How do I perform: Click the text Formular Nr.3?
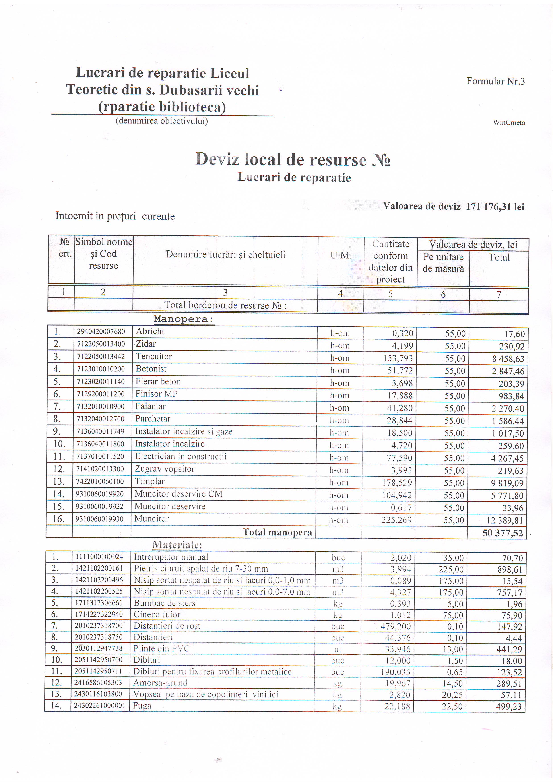pyautogui.click(x=495, y=81)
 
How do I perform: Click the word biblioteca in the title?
pyautogui.click(x=192, y=107)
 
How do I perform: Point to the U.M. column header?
pyautogui.click(x=340, y=256)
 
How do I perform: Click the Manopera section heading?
pyautogui.click(x=183, y=319)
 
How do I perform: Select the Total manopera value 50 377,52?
pyautogui.click(x=502, y=533)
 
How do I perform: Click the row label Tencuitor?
pyautogui.click(x=154, y=356)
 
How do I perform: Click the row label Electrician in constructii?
pyautogui.click(x=180, y=456)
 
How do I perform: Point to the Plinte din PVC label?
pyautogui.click(x=161, y=648)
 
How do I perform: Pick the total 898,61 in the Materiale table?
pyautogui.click(x=510, y=569)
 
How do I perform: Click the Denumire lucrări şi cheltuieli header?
pyautogui.click(x=225, y=255)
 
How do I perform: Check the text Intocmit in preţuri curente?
pyautogui.click(x=115, y=216)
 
